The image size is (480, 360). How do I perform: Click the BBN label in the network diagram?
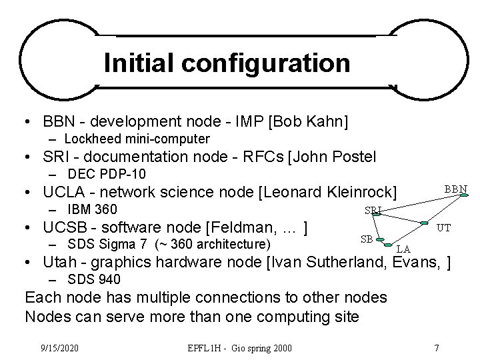pos(456,189)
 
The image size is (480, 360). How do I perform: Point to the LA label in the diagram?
pos(403,249)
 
